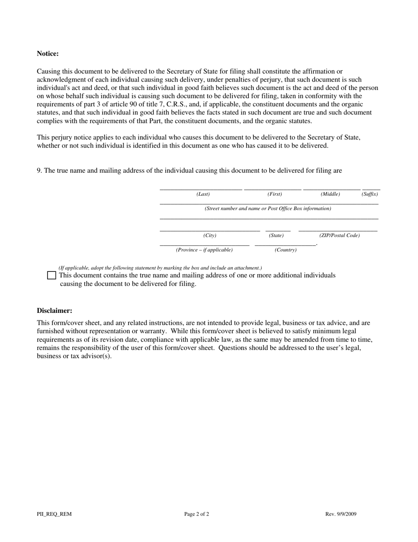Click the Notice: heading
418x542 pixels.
[x=48, y=54]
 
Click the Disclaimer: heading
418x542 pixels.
[x=55, y=311]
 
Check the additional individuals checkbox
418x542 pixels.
[x=51, y=275]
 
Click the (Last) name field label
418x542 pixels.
[x=203, y=194]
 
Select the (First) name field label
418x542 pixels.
[x=275, y=194]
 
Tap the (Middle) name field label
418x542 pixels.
[x=330, y=194]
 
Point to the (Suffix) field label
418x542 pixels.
[x=370, y=194]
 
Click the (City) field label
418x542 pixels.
[x=209, y=235]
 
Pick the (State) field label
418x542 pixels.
[x=276, y=235]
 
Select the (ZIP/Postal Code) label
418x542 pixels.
[x=339, y=235]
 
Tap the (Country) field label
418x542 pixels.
[x=286, y=250]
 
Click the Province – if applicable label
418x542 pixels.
[x=204, y=250]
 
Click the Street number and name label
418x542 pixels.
[x=268, y=208]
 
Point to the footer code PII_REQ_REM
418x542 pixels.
[x=54, y=514]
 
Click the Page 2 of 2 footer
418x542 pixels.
[x=197, y=514]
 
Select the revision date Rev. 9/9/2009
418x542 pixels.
[x=341, y=514]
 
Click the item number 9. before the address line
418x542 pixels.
[x=40, y=171]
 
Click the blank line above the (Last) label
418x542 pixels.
[x=201, y=189]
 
